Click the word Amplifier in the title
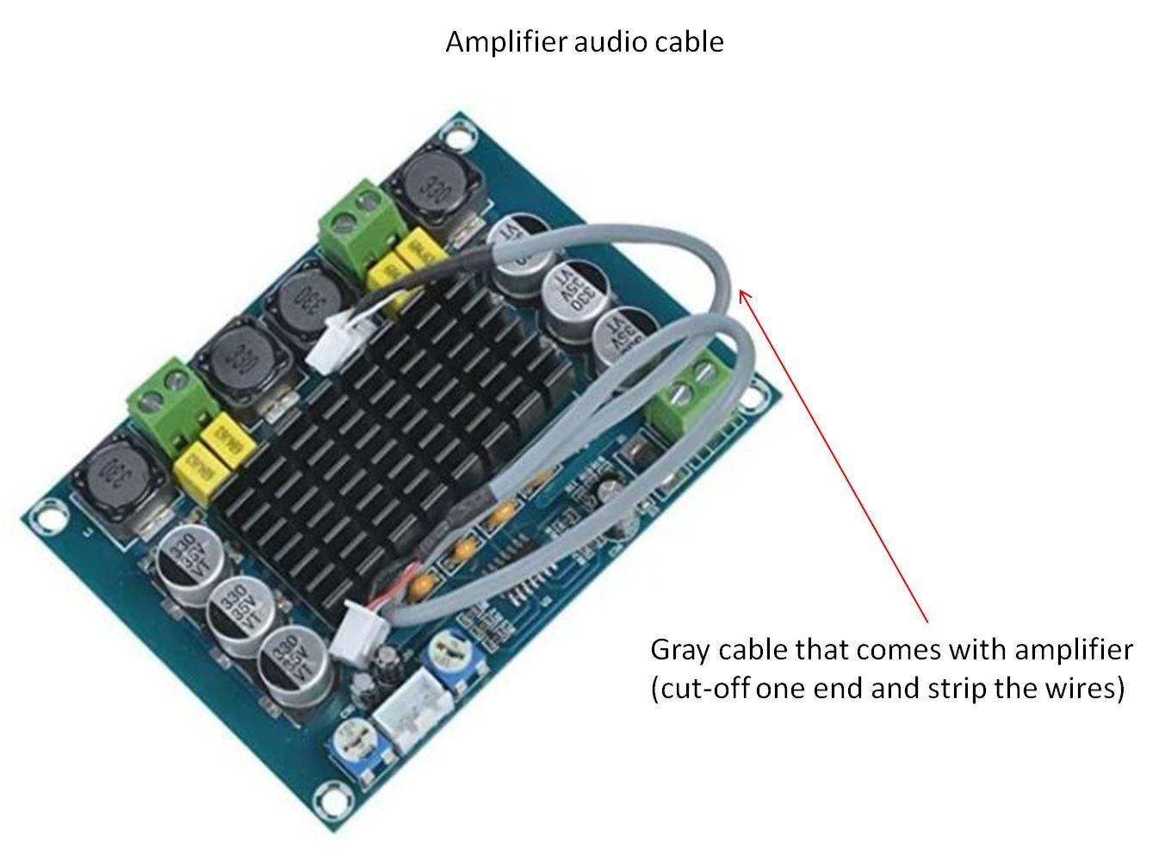[494, 41]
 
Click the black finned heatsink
[387, 430]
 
